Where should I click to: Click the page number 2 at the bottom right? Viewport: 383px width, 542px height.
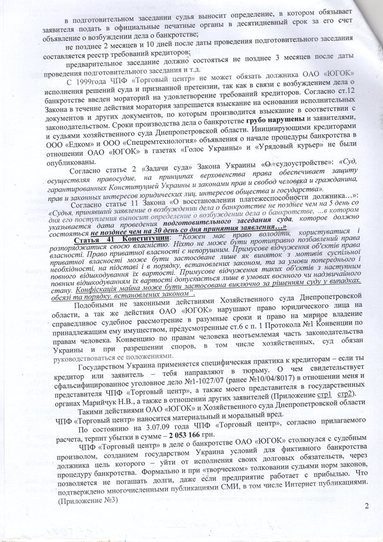(366, 506)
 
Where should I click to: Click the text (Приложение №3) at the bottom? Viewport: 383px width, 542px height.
(87, 501)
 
